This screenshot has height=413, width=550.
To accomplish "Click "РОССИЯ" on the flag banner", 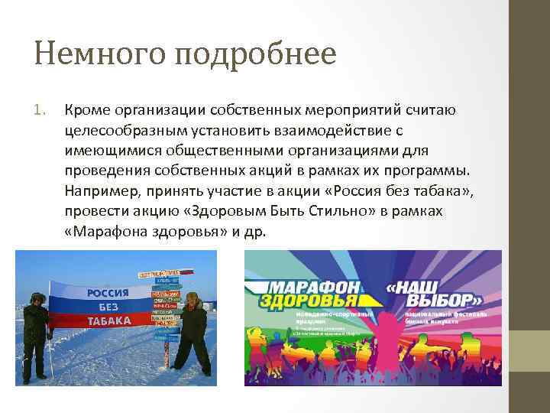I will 107,293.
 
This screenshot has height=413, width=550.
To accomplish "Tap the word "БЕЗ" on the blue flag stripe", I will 108,307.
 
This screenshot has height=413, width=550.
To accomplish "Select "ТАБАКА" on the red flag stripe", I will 108,321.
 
